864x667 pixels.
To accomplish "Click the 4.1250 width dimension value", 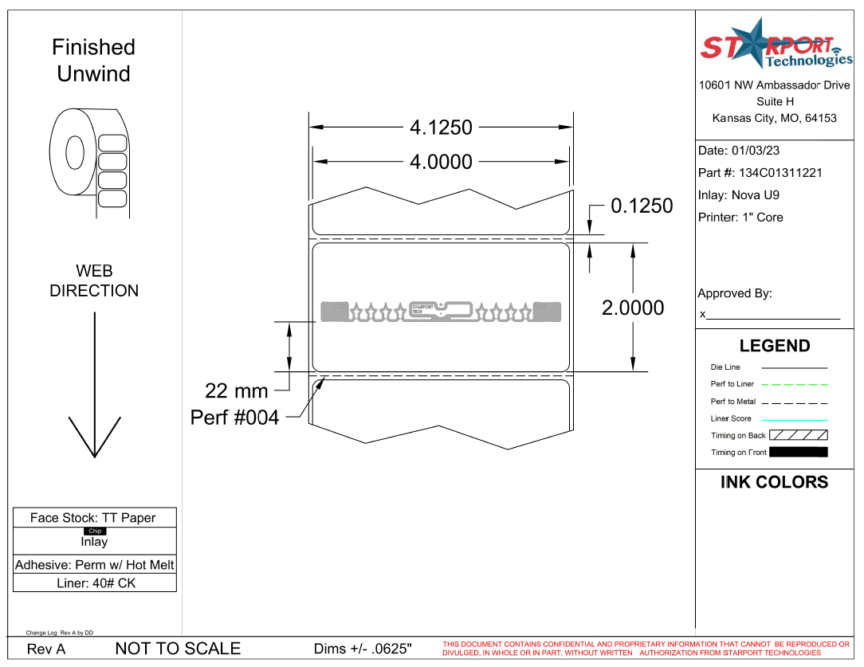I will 441,128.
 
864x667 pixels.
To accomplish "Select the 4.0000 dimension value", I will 441,162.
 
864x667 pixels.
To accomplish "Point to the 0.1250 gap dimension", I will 641,206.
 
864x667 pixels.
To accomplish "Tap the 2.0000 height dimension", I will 632,308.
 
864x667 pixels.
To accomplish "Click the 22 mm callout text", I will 237,391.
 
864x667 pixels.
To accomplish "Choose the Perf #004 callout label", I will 234,418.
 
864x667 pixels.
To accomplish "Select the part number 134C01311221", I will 780,173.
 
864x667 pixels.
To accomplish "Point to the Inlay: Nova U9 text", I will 738,195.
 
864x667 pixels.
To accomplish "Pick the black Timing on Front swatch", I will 798,453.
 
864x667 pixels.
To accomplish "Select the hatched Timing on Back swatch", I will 798,436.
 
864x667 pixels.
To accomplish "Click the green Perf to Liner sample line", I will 794,385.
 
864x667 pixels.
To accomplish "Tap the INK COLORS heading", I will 774,482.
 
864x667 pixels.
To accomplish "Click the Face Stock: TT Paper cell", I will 93,518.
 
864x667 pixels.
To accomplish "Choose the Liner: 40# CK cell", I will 95,583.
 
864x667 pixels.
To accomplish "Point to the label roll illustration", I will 88,163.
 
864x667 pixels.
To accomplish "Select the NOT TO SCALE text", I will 178,649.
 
